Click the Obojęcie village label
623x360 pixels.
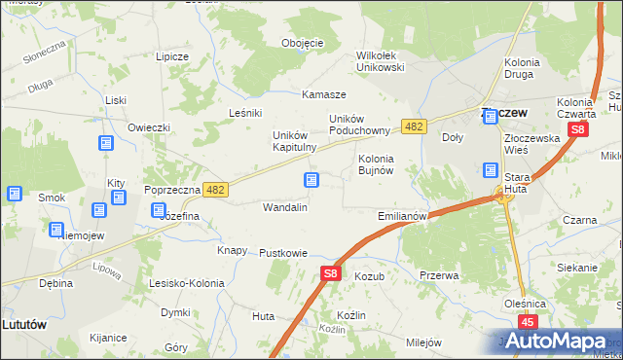302,43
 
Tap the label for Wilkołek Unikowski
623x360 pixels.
381,61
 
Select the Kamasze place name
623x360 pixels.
324,94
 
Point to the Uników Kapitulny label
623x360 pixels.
295,141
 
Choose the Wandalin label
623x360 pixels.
285,207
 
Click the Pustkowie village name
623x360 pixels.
283,253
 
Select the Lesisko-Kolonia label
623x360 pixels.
186,283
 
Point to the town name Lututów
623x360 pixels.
25,324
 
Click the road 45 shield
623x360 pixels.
529,322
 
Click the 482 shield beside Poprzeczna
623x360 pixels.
216,190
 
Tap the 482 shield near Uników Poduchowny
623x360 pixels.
415,126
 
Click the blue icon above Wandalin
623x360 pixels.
311,180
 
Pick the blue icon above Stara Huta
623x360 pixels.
492,170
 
